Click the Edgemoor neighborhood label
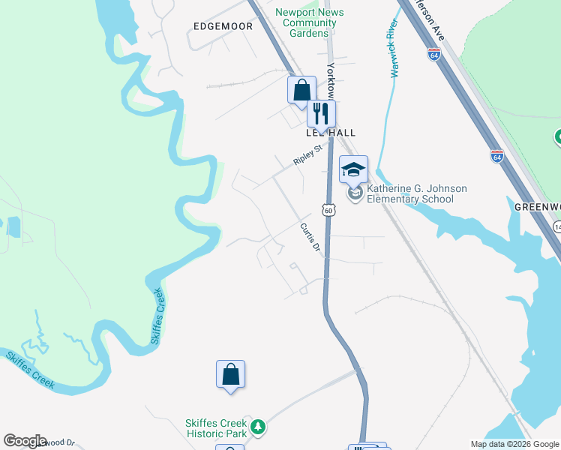223,26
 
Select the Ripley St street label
307,157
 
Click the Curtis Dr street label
310,237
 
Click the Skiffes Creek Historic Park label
216,428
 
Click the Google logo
25,441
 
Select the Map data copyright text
514,444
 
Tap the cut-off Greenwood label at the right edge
537,206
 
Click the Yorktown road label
331,79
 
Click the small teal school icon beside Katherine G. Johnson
355,194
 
